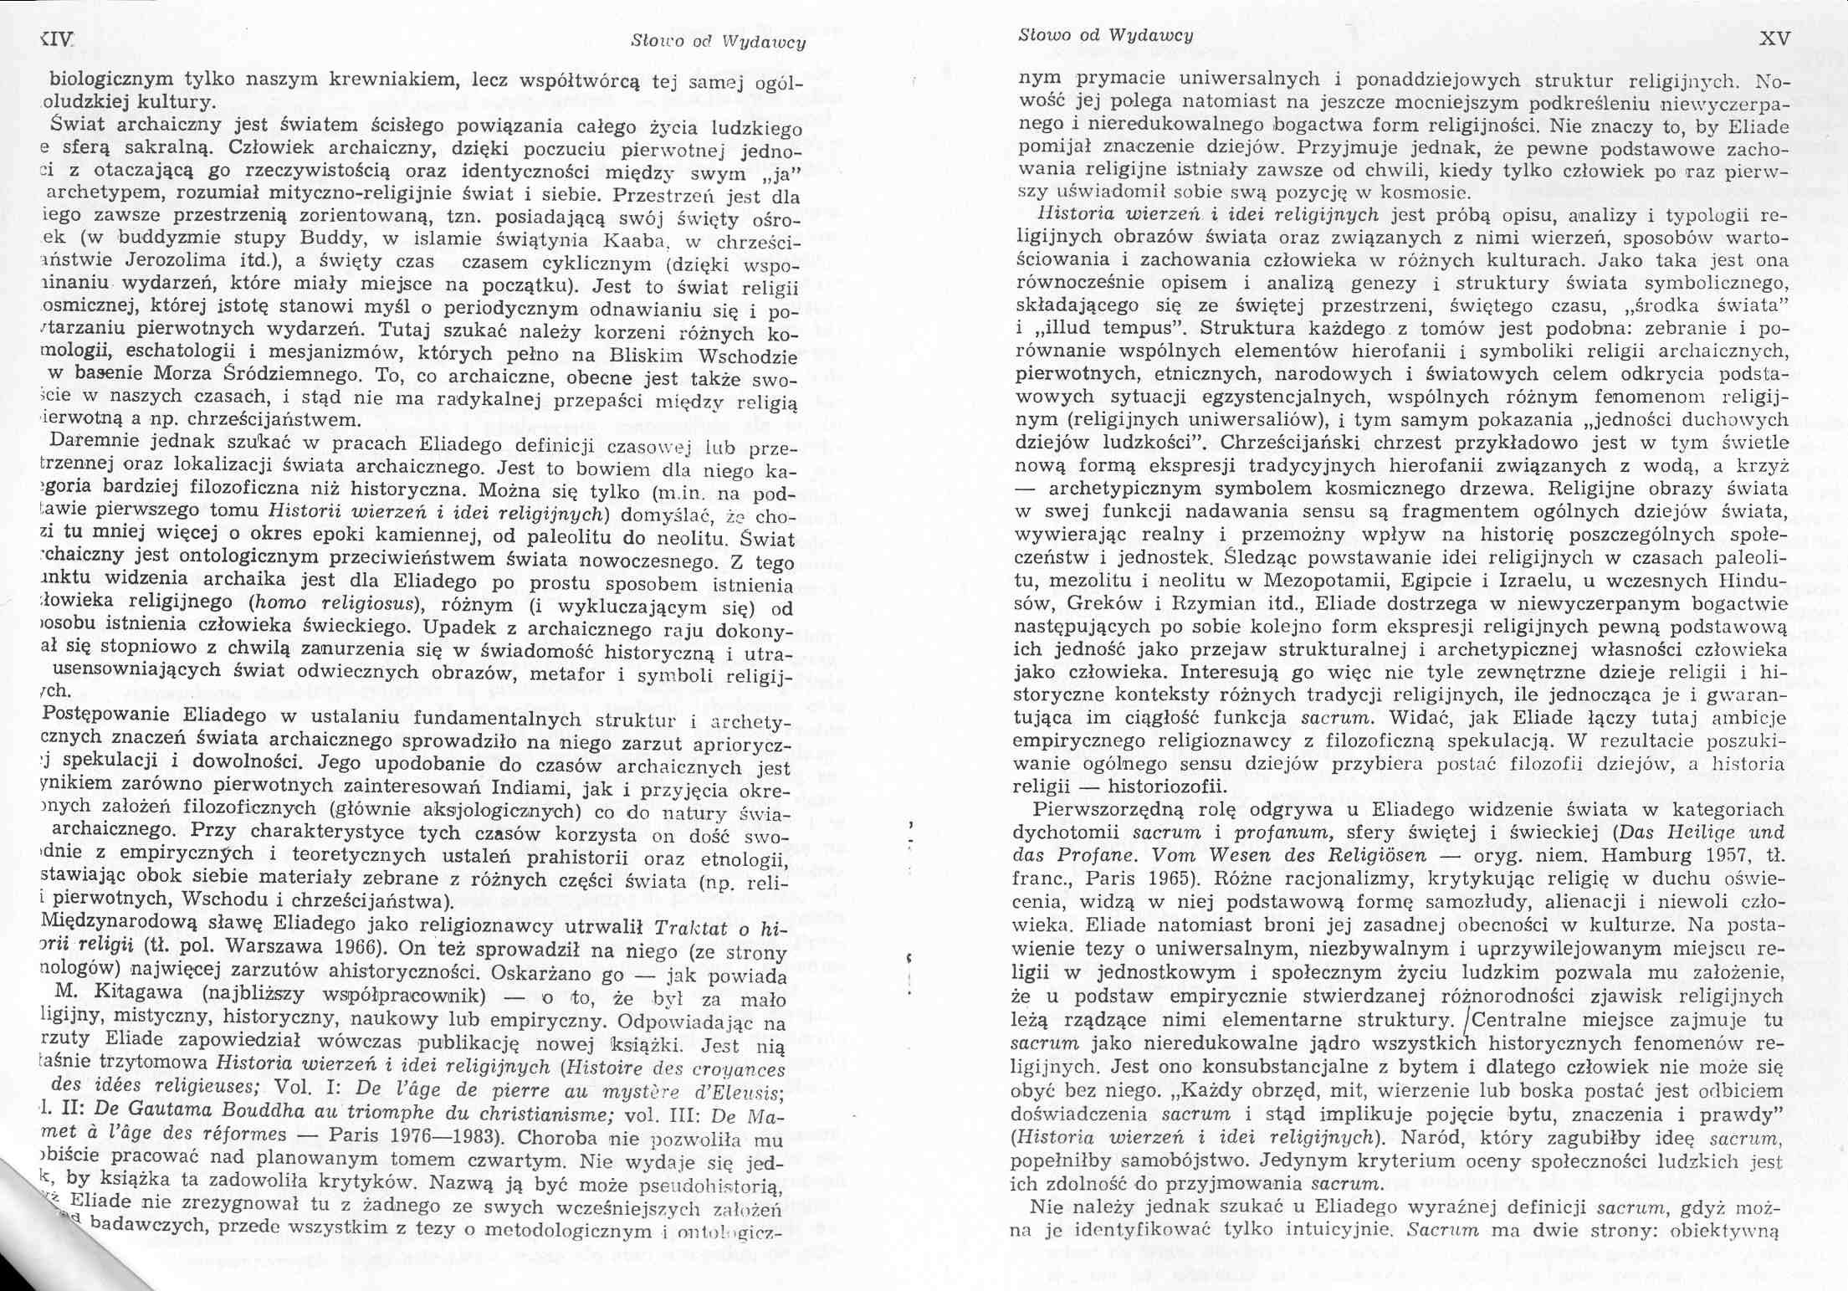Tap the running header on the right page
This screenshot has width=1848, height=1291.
coord(1105,35)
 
